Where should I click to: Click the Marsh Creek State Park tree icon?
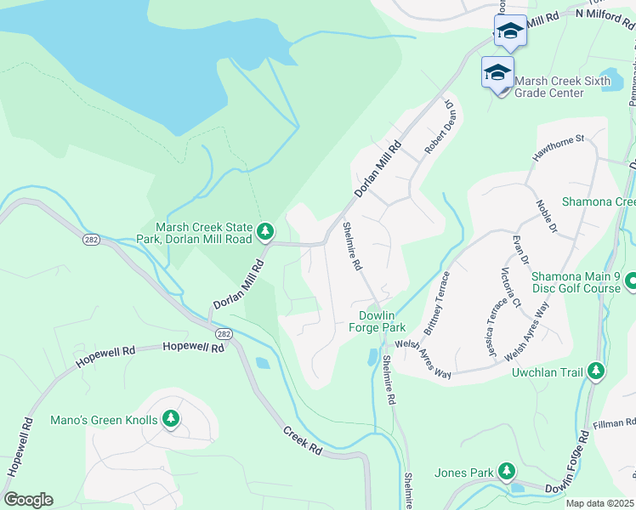(266, 230)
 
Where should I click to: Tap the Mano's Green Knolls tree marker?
(172, 418)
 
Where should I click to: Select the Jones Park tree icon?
(507, 470)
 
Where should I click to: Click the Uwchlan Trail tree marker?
(596, 371)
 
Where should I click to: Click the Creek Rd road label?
(303, 439)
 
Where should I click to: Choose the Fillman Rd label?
(615, 422)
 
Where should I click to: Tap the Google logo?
(28, 499)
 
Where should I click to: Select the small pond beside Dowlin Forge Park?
(372, 357)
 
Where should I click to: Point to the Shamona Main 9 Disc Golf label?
(576, 282)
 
